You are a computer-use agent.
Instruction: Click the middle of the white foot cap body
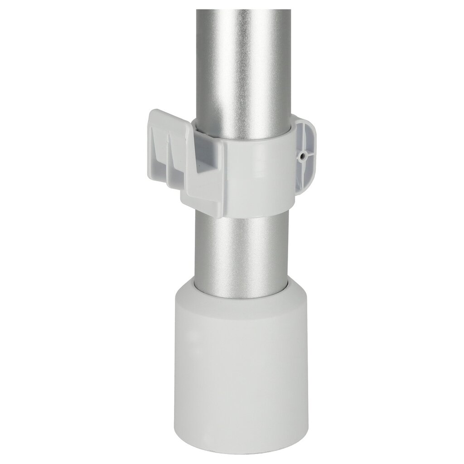pyautogui.click(x=240, y=362)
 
